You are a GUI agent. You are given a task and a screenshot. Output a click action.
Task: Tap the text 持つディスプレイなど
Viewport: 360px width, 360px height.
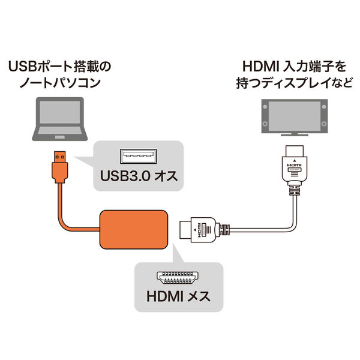click(293, 84)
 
